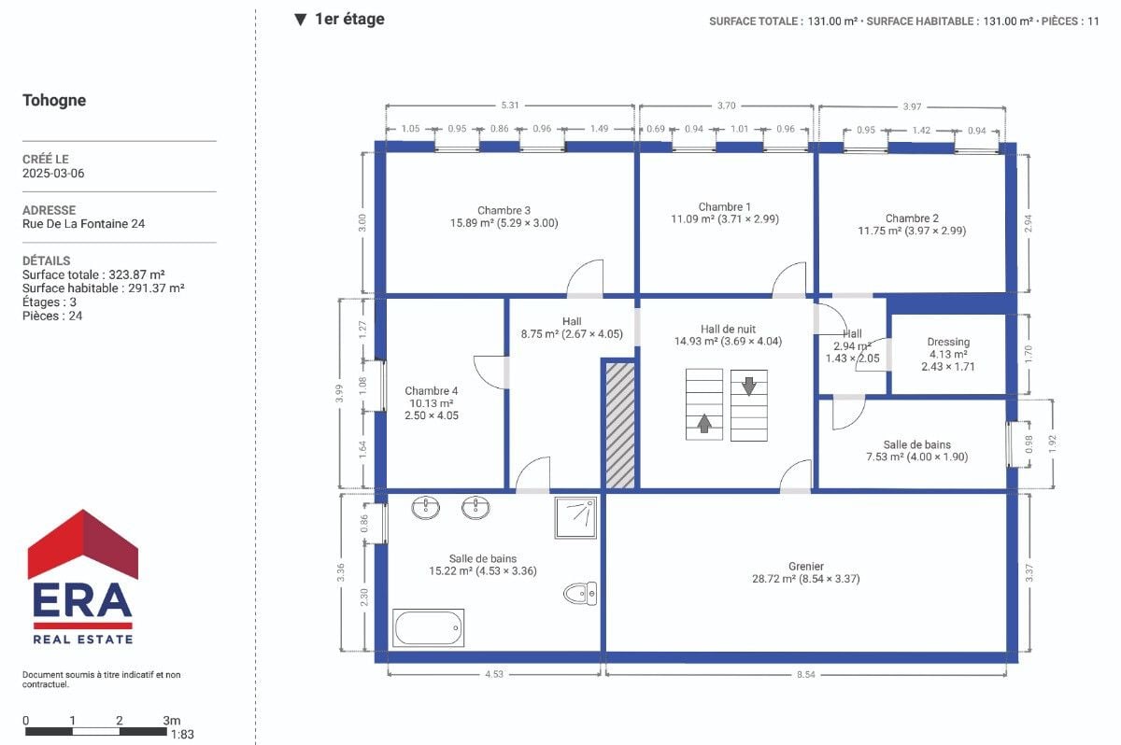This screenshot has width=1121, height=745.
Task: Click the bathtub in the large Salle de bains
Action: point(428,627)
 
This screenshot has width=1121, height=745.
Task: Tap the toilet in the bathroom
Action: point(580,594)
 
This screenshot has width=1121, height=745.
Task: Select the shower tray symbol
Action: point(575,517)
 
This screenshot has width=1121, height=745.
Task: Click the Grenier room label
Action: point(805,567)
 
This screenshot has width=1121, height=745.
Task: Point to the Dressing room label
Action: point(948,342)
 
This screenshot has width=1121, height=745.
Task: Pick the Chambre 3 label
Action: point(504,210)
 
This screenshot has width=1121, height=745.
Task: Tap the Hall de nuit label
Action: point(728,329)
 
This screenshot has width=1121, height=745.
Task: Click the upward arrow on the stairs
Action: point(704,423)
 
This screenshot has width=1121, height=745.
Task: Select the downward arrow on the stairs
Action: point(748,386)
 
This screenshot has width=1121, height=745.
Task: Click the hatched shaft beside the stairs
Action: point(620,425)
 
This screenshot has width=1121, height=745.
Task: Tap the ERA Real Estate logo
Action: point(83,577)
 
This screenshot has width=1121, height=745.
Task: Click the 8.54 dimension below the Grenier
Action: point(805,674)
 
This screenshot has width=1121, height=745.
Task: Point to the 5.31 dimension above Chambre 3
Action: point(510,105)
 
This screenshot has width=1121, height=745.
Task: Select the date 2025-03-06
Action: point(53,174)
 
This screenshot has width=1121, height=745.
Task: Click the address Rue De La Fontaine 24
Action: point(83,224)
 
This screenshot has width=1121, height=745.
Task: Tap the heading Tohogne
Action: point(54,101)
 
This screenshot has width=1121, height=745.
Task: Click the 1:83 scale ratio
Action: point(182,735)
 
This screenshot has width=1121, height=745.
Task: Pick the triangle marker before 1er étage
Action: point(300,20)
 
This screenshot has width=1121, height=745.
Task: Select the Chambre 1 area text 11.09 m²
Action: point(692,219)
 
